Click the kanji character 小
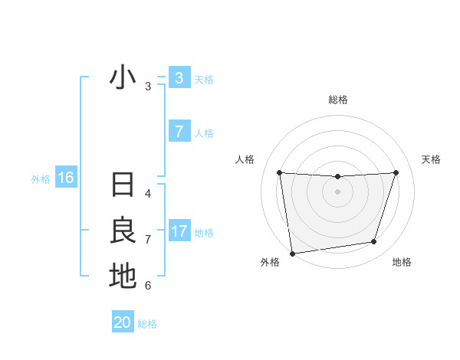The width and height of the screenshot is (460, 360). click(x=123, y=78)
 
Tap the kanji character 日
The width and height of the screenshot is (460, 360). click(x=123, y=185)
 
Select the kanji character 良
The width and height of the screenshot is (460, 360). click(x=123, y=231)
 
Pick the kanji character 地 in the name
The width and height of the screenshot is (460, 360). click(x=123, y=277)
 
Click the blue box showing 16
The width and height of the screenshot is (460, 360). click(x=65, y=178)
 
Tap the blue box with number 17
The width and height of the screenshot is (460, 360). click(x=179, y=231)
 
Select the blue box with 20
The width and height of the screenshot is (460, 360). click(x=123, y=322)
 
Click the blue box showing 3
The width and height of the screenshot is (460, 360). click(x=179, y=78)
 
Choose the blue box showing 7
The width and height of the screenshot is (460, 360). click(x=179, y=132)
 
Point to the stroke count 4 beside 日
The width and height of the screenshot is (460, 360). click(x=148, y=194)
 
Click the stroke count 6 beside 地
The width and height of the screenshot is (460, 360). click(x=148, y=286)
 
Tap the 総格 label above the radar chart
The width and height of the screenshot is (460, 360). click(x=337, y=100)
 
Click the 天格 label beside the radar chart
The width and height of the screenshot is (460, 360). click(x=432, y=159)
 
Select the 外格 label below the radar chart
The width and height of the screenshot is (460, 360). click(x=270, y=262)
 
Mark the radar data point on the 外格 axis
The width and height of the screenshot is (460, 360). click(x=292, y=253)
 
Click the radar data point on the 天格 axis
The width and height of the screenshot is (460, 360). click(x=396, y=172)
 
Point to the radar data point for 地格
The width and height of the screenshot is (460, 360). click(x=374, y=242)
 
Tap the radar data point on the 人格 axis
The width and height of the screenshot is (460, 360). click(x=279, y=172)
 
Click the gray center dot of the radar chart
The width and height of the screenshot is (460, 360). click(x=337, y=191)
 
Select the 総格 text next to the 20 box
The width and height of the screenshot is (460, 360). click(x=147, y=324)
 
